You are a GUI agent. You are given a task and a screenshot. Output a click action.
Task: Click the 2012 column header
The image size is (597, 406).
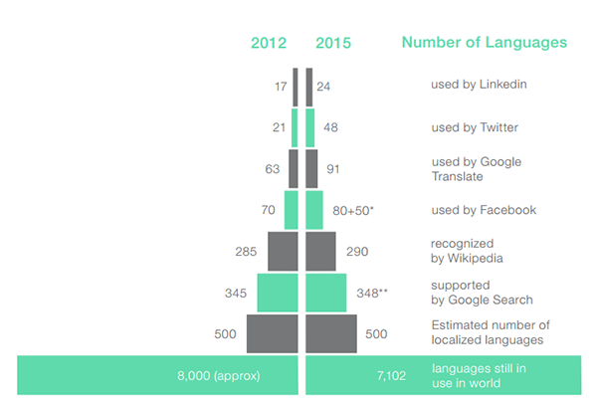(269, 43)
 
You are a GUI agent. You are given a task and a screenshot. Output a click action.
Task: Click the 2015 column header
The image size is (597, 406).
(332, 43)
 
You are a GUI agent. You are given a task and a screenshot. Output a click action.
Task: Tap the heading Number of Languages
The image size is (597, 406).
(485, 43)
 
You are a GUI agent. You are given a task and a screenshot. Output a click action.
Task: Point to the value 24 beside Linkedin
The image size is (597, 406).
(323, 86)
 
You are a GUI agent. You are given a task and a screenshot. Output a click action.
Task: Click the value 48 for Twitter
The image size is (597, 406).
(330, 127)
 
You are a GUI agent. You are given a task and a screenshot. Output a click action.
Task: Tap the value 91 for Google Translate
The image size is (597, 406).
(333, 169)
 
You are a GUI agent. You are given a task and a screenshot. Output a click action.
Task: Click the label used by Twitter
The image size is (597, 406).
(474, 127)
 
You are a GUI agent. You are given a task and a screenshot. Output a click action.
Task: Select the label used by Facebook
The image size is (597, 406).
(483, 210)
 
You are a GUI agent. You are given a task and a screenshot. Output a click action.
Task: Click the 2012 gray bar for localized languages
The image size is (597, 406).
(273, 333)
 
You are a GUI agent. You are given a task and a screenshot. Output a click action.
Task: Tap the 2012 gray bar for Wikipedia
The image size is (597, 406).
(284, 252)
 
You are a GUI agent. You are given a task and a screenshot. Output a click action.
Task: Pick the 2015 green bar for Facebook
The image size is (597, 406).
(314, 210)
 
